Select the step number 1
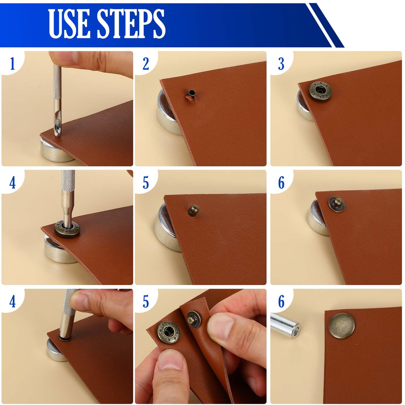(x=12, y=64)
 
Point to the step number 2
(x=146, y=64)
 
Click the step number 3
(x=281, y=64)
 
